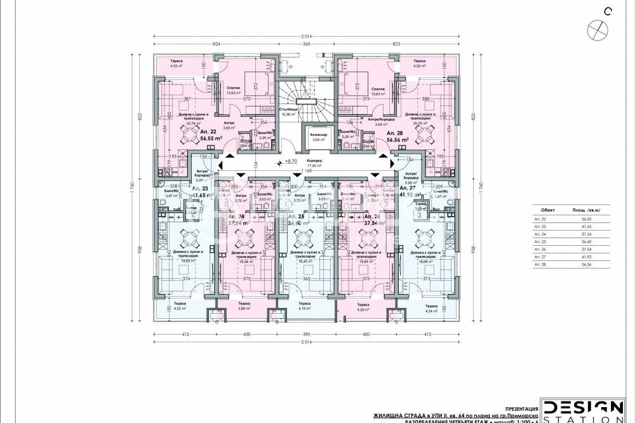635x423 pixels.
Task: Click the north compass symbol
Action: click(598, 28)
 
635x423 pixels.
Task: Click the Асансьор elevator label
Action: click(305, 137)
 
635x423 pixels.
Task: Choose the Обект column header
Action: click(547, 209)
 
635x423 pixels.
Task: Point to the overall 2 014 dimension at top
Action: click(306, 37)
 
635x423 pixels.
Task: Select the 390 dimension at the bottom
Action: click(305, 334)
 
